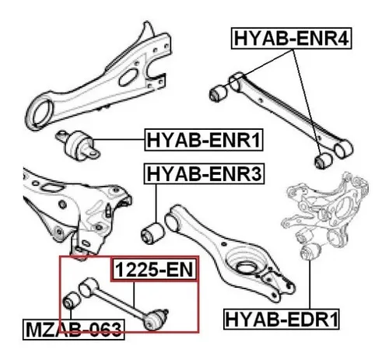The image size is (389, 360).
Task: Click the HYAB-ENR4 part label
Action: pos(291,38)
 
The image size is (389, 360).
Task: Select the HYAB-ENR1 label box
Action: pos(204,140)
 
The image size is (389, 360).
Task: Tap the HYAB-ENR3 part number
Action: pos(205,173)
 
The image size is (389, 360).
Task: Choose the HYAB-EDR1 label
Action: pos(282,319)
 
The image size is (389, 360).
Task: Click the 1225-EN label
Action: pos(154,270)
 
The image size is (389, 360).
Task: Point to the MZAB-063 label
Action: pos(74,330)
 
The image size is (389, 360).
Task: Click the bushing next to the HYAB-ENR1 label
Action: pos(79,145)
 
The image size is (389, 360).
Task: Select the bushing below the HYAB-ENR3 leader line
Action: pos(152,233)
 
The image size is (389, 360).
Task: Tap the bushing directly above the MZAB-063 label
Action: pos(72,300)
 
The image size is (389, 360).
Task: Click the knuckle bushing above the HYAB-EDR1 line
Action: pos(311,251)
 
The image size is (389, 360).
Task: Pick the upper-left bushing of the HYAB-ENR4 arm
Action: pos(218,93)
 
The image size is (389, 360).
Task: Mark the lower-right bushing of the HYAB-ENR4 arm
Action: pos(323,160)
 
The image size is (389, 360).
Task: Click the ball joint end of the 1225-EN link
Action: pos(155,320)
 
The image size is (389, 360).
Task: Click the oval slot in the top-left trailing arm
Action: pos(128,77)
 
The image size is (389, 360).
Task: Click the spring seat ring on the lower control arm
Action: pos(247,267)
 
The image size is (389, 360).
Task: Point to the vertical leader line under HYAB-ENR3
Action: pos(156,203)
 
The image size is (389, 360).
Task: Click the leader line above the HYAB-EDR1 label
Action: pos(310,285)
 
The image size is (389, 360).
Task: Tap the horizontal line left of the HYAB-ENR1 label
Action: pos(118,139)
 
